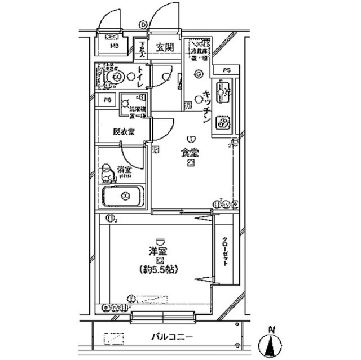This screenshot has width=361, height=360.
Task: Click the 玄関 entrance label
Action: click(x=165, y=47)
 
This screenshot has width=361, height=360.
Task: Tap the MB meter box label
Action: click(x=114, y=46)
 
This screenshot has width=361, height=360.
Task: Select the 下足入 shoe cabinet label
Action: click(x=143, y=51)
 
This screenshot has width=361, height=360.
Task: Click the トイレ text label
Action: click(x=140, y=75)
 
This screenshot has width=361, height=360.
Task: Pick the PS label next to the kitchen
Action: click(x=226, y=70)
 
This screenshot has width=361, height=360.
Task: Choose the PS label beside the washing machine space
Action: click(x=107, y=100)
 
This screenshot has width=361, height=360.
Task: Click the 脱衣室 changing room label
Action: click(x=123, y=132)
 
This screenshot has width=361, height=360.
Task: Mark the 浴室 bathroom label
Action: click(x=124, y=170)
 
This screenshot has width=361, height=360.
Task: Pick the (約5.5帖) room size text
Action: click(x=160, y=269)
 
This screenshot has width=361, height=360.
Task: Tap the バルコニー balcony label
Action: click(x=173, y=337)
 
